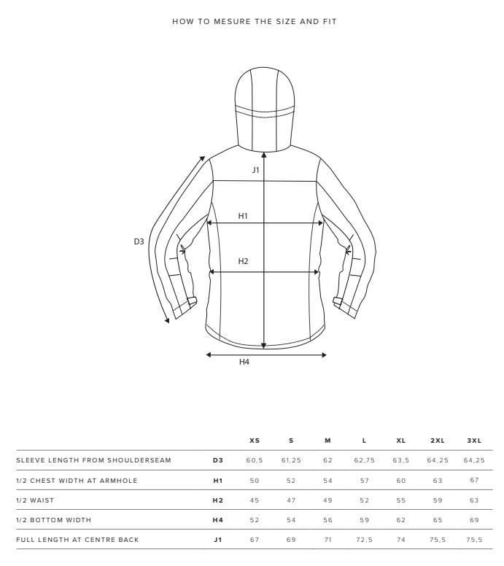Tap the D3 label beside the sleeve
(x=139, y=241)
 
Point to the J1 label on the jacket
(x=255, y=170)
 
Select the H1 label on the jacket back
(x=243, y=216)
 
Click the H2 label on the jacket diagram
(x=244, y=261)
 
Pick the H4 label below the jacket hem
(x=244, y=362)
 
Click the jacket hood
(x=265, y=108)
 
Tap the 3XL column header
(x=474, y=441)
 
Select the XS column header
(x=255, y=441)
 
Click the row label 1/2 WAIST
(x=35, y=500)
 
